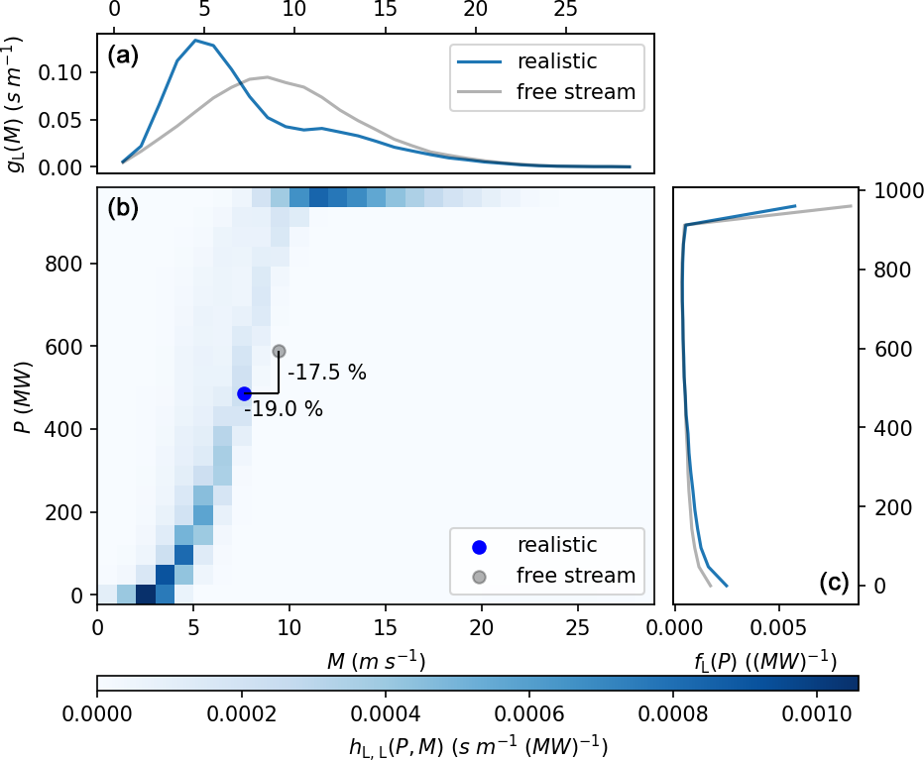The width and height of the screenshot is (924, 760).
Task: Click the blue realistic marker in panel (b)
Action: point(244,393)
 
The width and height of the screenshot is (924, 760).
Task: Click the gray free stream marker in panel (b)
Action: point(280,351)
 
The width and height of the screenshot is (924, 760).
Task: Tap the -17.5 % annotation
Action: point(326,374)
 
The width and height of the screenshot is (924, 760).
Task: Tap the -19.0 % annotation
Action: point(284,408)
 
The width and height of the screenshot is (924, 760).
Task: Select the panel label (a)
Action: point(123,56)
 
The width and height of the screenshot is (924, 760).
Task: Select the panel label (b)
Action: point(123,208)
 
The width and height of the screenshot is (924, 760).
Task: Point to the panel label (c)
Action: point(834,583)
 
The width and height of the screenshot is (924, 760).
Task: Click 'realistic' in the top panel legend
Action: point(557,62)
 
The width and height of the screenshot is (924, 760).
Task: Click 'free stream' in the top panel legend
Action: point(576,93)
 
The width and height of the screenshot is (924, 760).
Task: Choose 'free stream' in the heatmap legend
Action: point(576,575)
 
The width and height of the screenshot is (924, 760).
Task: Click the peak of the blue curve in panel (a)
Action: point(195,41)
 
